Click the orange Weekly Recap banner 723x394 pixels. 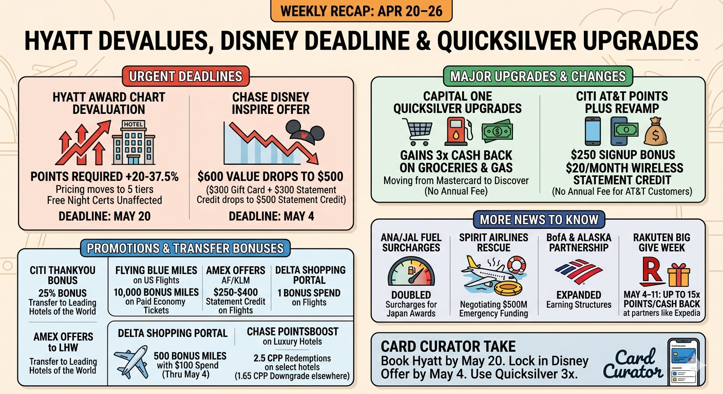[361, 11]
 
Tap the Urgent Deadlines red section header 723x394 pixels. [185, 76]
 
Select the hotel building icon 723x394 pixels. [134, 143]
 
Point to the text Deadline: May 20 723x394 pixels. [105, 216]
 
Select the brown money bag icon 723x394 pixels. [656, 131]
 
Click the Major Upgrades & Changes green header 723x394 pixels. [538, 76]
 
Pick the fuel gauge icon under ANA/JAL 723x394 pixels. [411, 271]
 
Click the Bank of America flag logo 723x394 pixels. [579, 271]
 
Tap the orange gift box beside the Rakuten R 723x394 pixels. [678, 275]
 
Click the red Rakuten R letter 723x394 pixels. [651, 271]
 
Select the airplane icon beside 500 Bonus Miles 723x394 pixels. [131, 362]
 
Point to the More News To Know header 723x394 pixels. [539, 220]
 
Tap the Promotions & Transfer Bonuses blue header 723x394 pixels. [185, 248]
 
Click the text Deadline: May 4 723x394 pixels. [272, 216]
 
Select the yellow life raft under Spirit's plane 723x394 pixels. [508, 288]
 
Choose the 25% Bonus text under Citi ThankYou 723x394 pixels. [63, 293]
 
